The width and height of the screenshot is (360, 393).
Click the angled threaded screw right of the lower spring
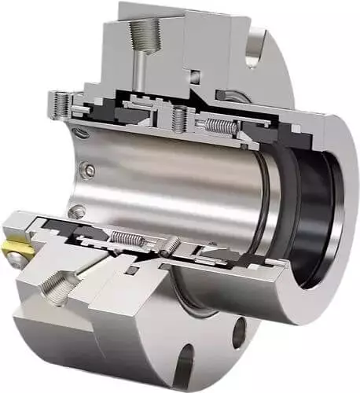click(169, 246)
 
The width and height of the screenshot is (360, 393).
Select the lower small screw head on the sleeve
click(77, 211)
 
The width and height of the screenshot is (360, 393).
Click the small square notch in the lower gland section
click(134, 271)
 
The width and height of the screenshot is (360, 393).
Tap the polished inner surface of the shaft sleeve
click(173, 181)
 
